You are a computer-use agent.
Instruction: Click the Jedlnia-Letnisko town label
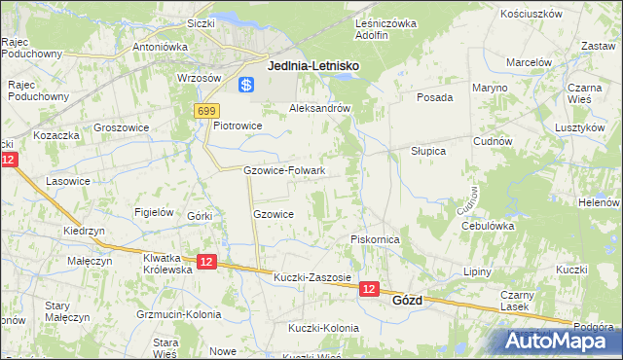pyautogui.click(x=312, y=65)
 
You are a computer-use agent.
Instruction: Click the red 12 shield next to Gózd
pyautogui.click(x=369, y=289)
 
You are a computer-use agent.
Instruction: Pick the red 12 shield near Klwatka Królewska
pyautogui.click(x=205, y=262)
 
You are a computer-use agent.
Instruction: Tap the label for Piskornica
pyautogui.click(x=375, y=239)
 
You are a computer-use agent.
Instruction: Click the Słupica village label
pyautogui.click(x=427, y=152)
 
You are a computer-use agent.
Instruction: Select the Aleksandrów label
pyautogui.click(x=320, y=109)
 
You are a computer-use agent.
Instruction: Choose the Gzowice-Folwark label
pyautogui.click(x=284, y=170)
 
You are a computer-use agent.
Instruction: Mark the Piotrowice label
pyautogui.click(x=238, y=126)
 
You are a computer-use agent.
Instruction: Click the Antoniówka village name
pyautogui.click(x=160, y=46)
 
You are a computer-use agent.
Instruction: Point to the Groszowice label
pyautogui.click(x=121, y=126)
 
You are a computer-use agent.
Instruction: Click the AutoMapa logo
pyautogui.click(x=559, y=342)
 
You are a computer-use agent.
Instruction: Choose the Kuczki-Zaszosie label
pyautogui.click(x=312, y=277)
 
